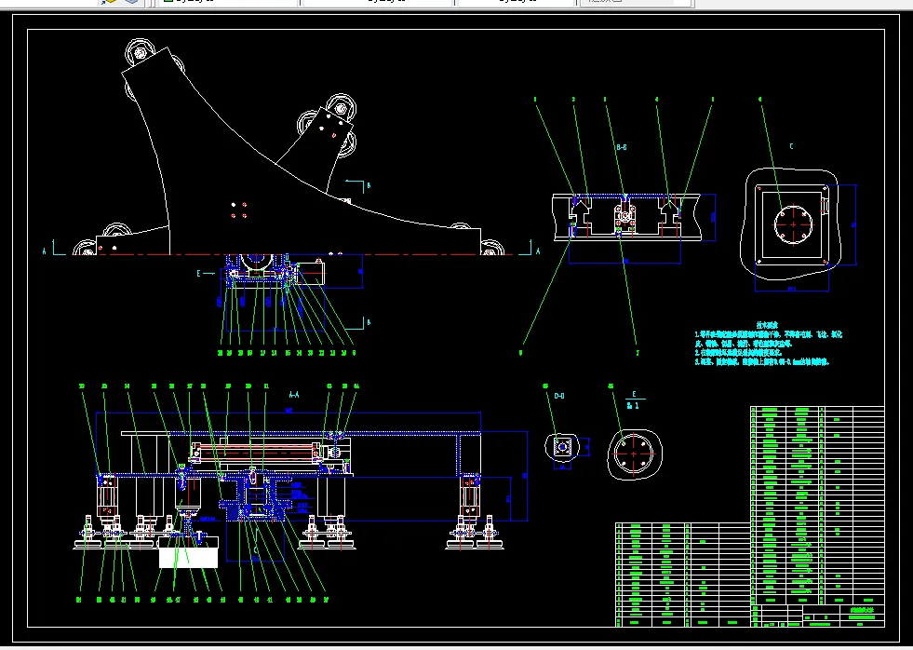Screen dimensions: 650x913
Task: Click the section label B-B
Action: (621, 147)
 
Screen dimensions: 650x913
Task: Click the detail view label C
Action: (791, 146)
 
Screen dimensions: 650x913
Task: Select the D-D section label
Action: (559, 397)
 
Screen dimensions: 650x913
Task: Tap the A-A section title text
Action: (294, 395)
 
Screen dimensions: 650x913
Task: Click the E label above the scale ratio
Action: (634, 395)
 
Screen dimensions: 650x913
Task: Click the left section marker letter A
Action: (44, 251)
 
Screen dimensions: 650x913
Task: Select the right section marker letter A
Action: (538, 251)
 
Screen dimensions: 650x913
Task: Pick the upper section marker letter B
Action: (368, 185)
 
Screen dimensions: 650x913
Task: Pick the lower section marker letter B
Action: (368, 322)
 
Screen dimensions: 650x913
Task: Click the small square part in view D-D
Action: (562, 448)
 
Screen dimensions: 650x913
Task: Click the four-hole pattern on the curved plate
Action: (238, 210)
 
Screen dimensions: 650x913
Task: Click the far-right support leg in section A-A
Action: (467, 503)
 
